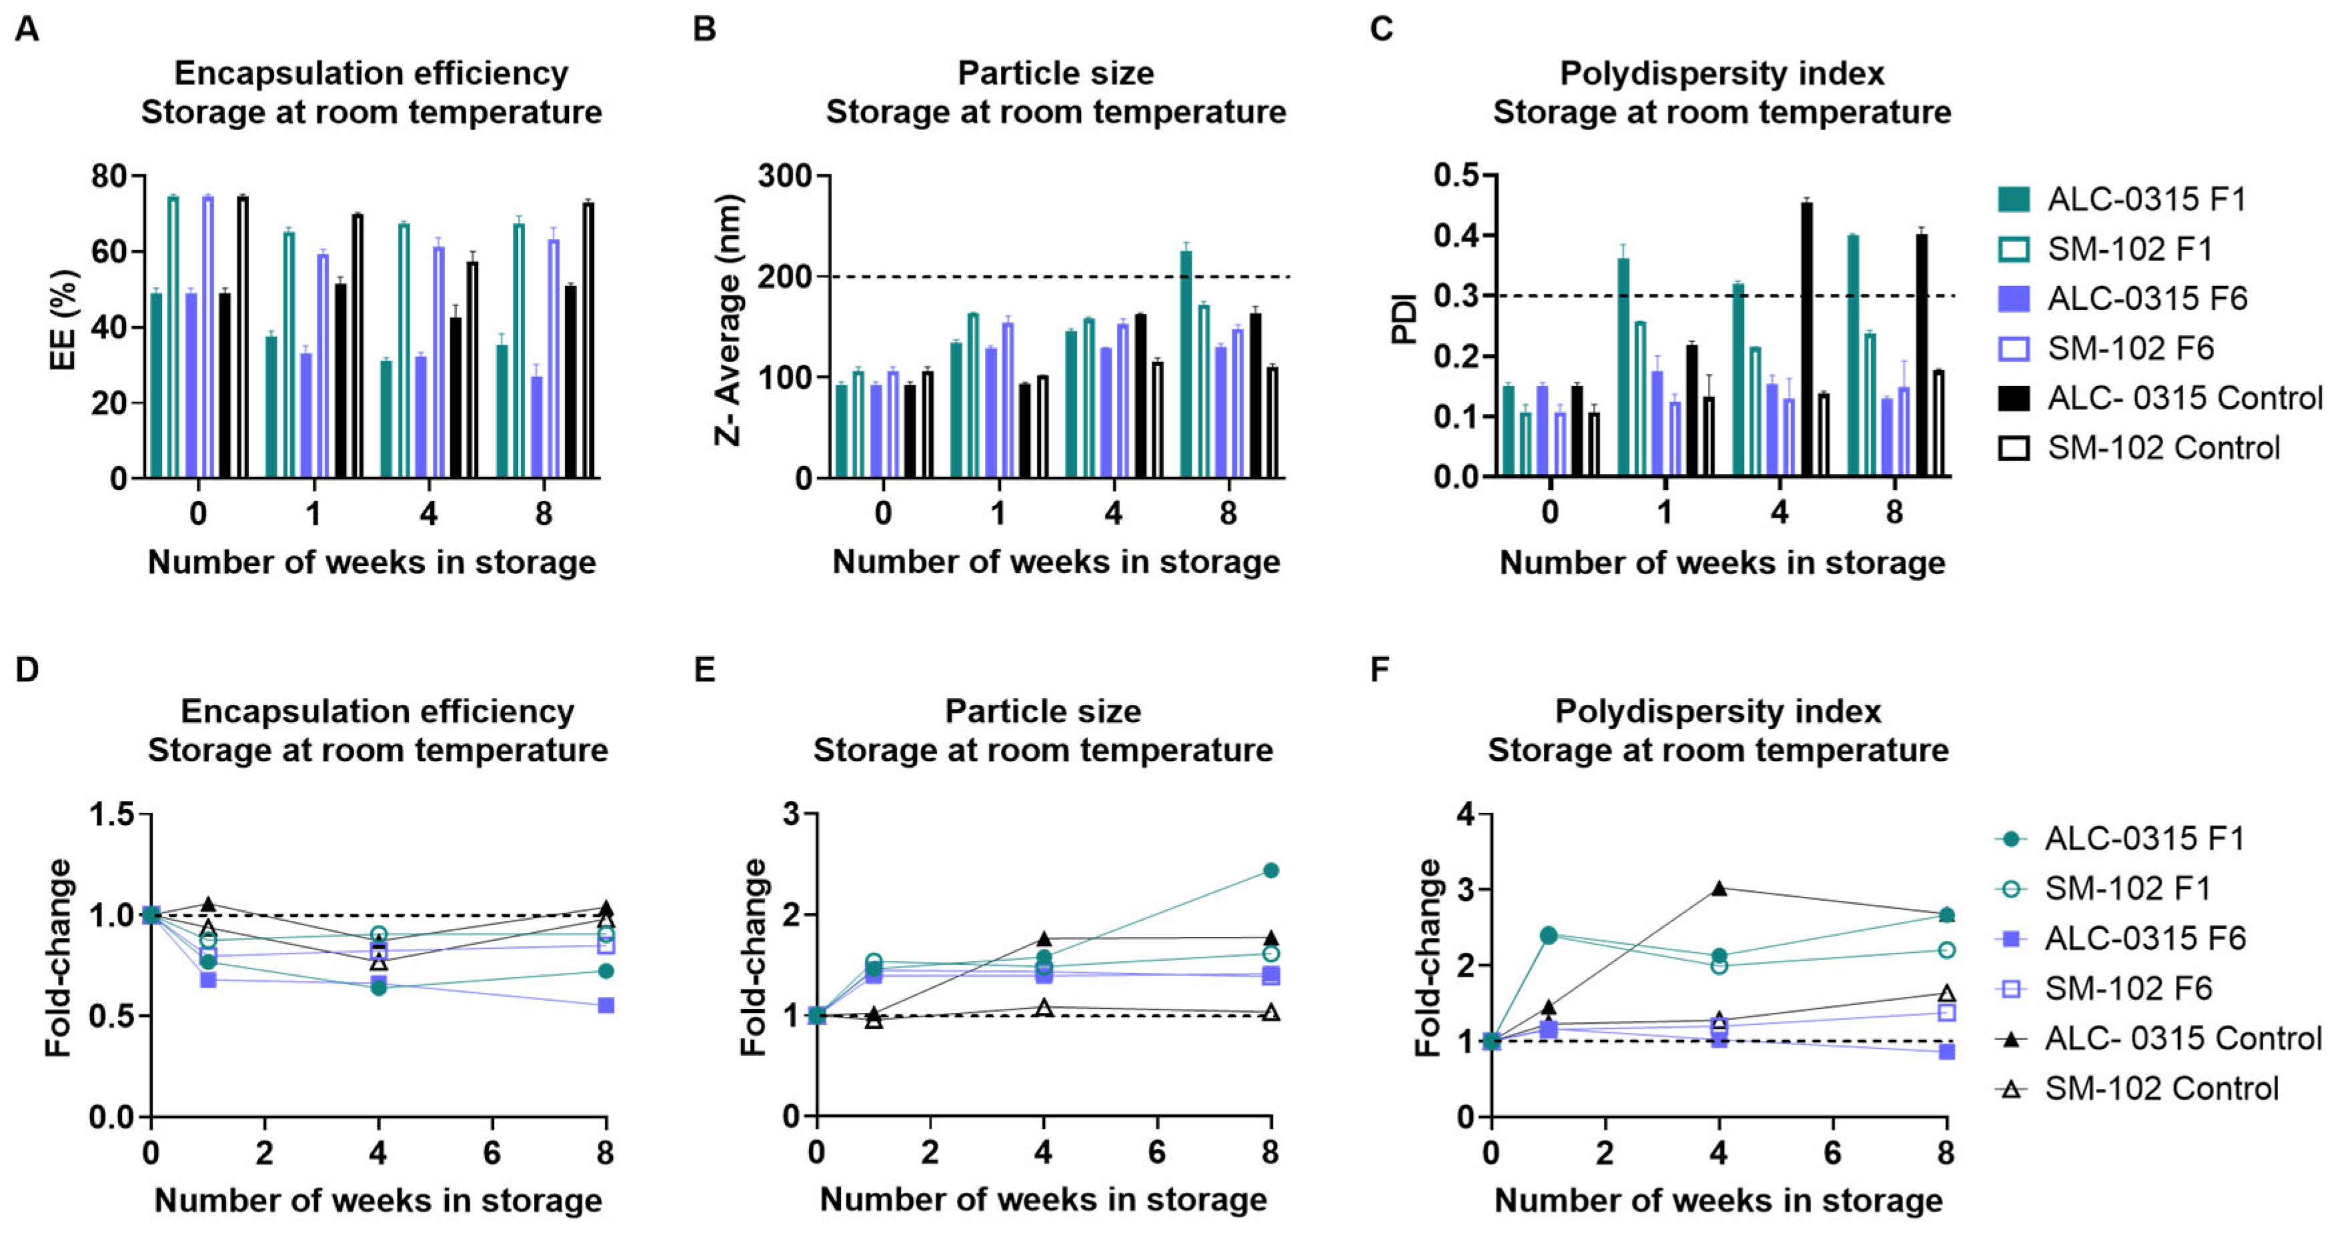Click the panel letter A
point(27,30)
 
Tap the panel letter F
point(1380,670)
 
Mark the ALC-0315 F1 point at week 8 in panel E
point(1270,871)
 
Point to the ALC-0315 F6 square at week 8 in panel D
point(606,1006)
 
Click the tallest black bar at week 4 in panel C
point(1807,339)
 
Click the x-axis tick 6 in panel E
point(1157,1153)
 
